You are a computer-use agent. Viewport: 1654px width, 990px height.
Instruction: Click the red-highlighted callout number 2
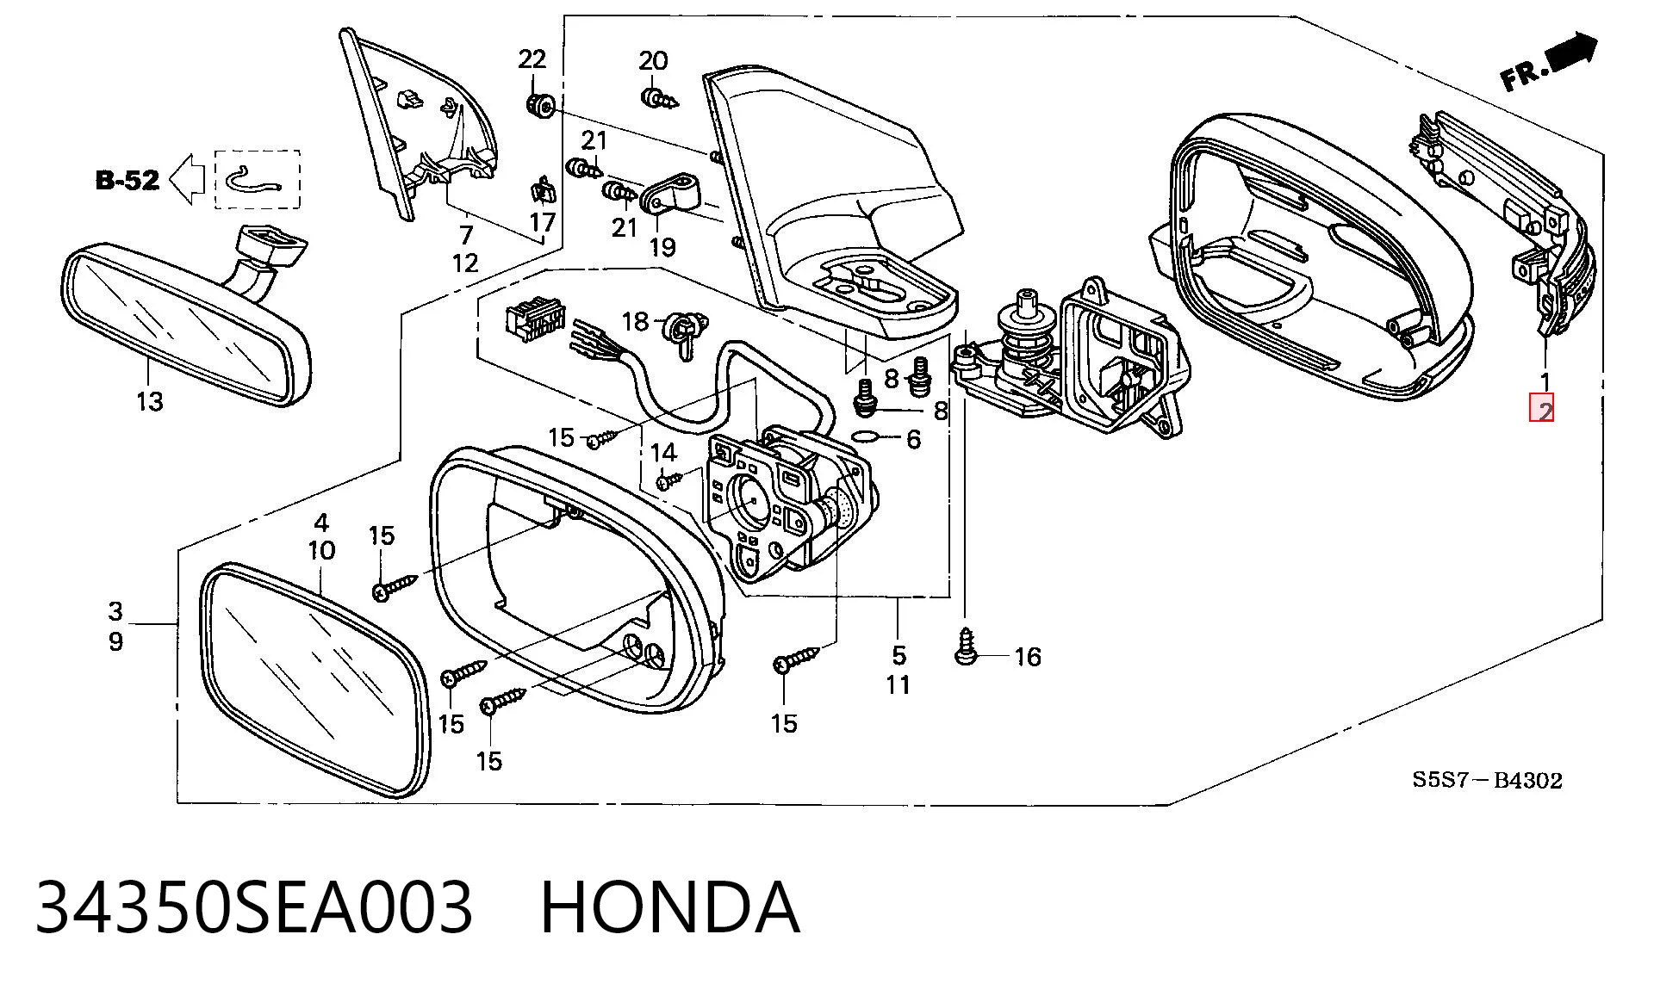tap(1541, 409)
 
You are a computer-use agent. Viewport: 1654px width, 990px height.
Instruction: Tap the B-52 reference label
tap(127, 180)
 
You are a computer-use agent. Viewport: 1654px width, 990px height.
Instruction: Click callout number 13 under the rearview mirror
tap(149, 401)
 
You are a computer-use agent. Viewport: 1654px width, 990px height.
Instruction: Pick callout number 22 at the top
tap(532, 59)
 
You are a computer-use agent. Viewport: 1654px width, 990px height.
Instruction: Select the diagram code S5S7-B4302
tap(1486, 781)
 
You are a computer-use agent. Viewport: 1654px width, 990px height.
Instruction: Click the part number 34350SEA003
tap(254, 906)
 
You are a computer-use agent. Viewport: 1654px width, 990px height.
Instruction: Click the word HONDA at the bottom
tap(670, 906)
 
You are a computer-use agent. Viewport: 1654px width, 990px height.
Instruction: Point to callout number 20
tap(653, 60)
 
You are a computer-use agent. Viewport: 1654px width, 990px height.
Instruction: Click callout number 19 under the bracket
tap(662, 247)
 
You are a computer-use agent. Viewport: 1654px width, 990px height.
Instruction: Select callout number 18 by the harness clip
tap(635, 321)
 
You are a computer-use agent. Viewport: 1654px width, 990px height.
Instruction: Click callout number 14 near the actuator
tap(663, 452)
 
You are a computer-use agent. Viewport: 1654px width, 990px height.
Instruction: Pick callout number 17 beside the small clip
tap(543, 222)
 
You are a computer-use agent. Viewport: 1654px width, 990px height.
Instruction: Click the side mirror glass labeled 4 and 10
tap(314, 680)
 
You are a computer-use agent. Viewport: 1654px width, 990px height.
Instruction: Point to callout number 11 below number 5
tap(899, 685)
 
